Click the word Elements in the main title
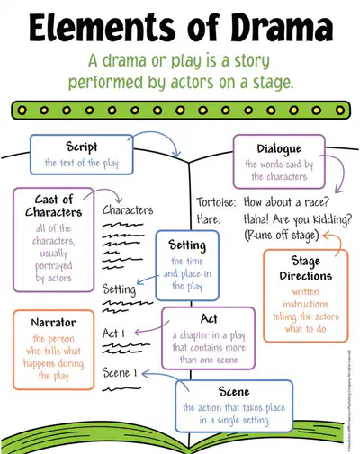(102, 28)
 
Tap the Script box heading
(82, 147)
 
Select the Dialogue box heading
(279, 149)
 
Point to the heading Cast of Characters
(54, 206)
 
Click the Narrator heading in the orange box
(54, 323)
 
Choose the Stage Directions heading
(306, 269)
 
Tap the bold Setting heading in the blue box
(187, 245)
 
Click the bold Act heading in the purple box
(209, 319)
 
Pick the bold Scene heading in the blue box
(234, 392)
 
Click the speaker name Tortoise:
(216, 202)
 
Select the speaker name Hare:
(209, 219)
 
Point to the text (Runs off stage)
(282, 236)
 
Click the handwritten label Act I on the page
(113, 334)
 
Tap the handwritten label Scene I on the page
(120, 373)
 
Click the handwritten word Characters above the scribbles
(128, 210)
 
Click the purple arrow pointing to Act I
(151, 330)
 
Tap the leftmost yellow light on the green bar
(22, 111)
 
